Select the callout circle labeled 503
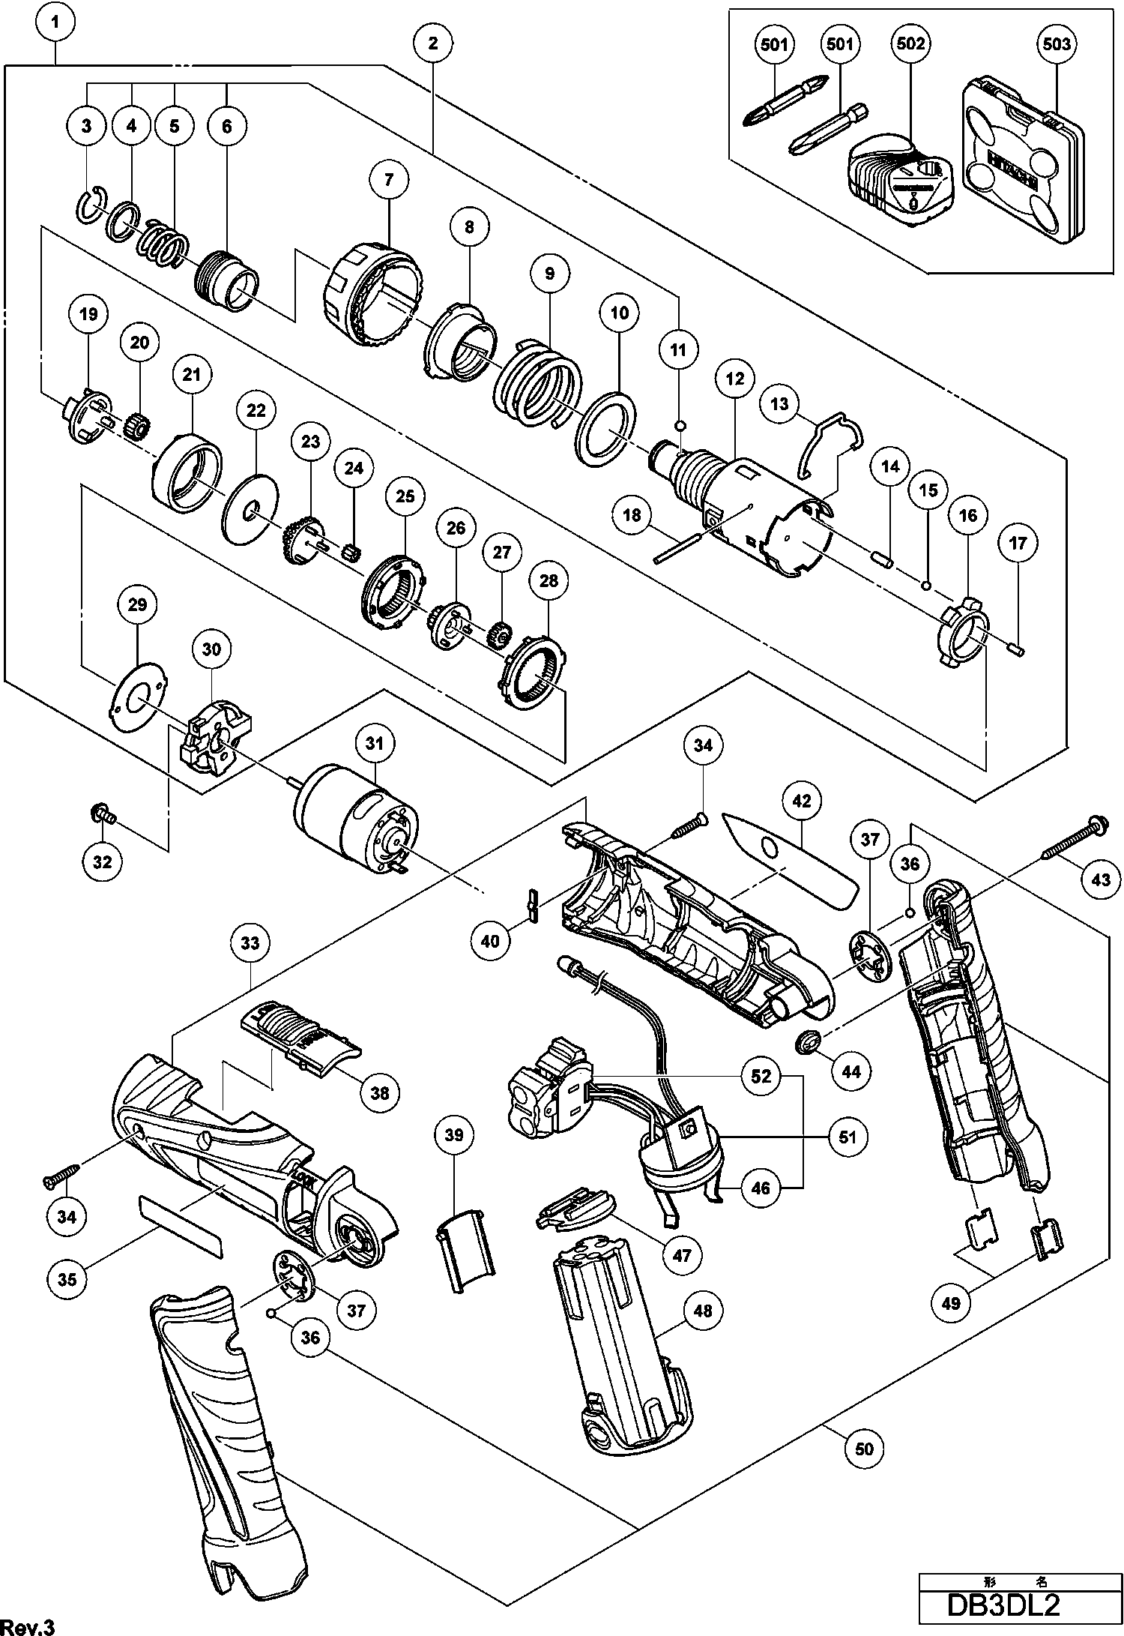(1057, 44)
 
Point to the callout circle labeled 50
(864, 1448)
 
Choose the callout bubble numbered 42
(802, 801)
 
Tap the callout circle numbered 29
(137, 604)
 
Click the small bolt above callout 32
(103, 814)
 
